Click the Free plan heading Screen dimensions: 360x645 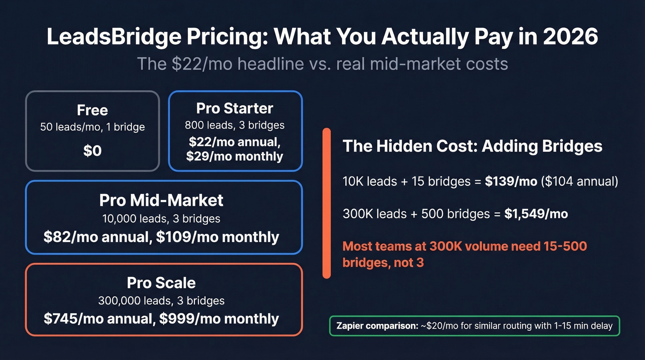click(92, 110)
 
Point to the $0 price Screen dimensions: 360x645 click(92, 151)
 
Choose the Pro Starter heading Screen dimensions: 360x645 click(235, 108)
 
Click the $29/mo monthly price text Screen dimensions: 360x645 click(235, 156)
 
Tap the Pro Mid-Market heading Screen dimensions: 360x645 click(161, 200)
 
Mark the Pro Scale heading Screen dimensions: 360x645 click(161, 283)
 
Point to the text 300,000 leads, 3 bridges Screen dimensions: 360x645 click(161, 301)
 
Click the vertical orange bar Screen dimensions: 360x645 click(327, 203)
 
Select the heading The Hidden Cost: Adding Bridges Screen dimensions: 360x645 click(472, 146)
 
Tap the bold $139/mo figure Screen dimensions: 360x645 click(511, 181)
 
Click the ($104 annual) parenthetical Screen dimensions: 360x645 click(580, 181)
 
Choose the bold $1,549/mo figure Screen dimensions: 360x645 click(536, 214)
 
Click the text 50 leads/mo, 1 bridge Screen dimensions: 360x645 click(92, 127)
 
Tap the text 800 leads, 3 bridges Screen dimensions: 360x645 click(235, 125)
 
